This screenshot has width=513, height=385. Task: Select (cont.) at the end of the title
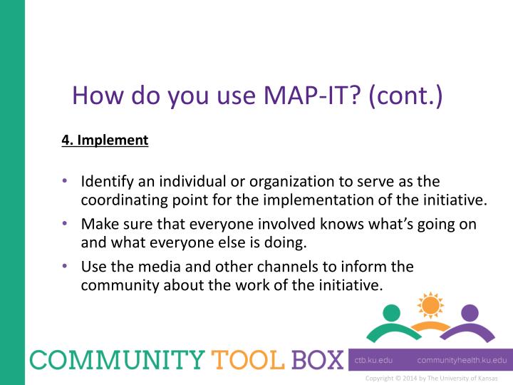coord(405,96)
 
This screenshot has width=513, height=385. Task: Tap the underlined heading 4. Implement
coord(105,140)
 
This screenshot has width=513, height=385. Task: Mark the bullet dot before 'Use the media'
coord(65,267)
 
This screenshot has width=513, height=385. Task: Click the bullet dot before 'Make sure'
coord(65,224)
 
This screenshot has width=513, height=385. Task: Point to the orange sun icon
coord(430,305)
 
